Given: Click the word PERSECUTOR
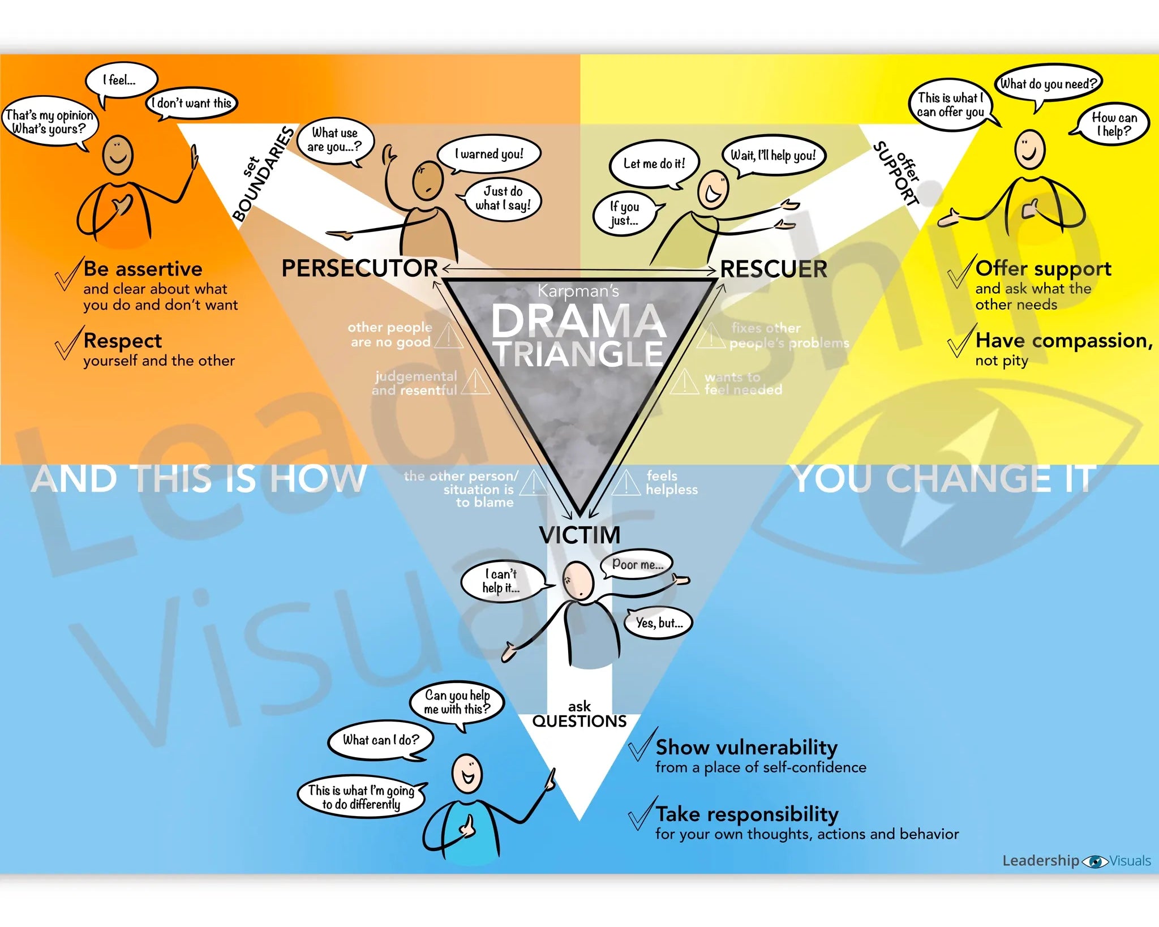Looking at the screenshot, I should [359, 268].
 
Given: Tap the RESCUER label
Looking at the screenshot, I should [774, 269].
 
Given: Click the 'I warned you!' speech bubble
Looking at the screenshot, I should [489, 154].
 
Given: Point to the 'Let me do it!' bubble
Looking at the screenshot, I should [654, 164].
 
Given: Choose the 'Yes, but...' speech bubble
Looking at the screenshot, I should [659, 623].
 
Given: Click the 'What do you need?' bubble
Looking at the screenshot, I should [1048, 84].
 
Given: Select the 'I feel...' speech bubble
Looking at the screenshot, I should [121, 80].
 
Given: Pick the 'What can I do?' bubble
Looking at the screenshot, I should [380, 740].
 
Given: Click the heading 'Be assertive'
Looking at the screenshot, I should [143, 269].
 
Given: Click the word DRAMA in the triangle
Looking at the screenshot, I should [578, 321].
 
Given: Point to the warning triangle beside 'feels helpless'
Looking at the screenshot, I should [625, 483].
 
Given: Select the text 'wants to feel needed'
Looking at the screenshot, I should [742, 383].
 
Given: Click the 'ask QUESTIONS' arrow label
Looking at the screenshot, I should [579, 714].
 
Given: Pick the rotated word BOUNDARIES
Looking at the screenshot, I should [264, 175].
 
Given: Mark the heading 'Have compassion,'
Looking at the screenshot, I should [1063, 341].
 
